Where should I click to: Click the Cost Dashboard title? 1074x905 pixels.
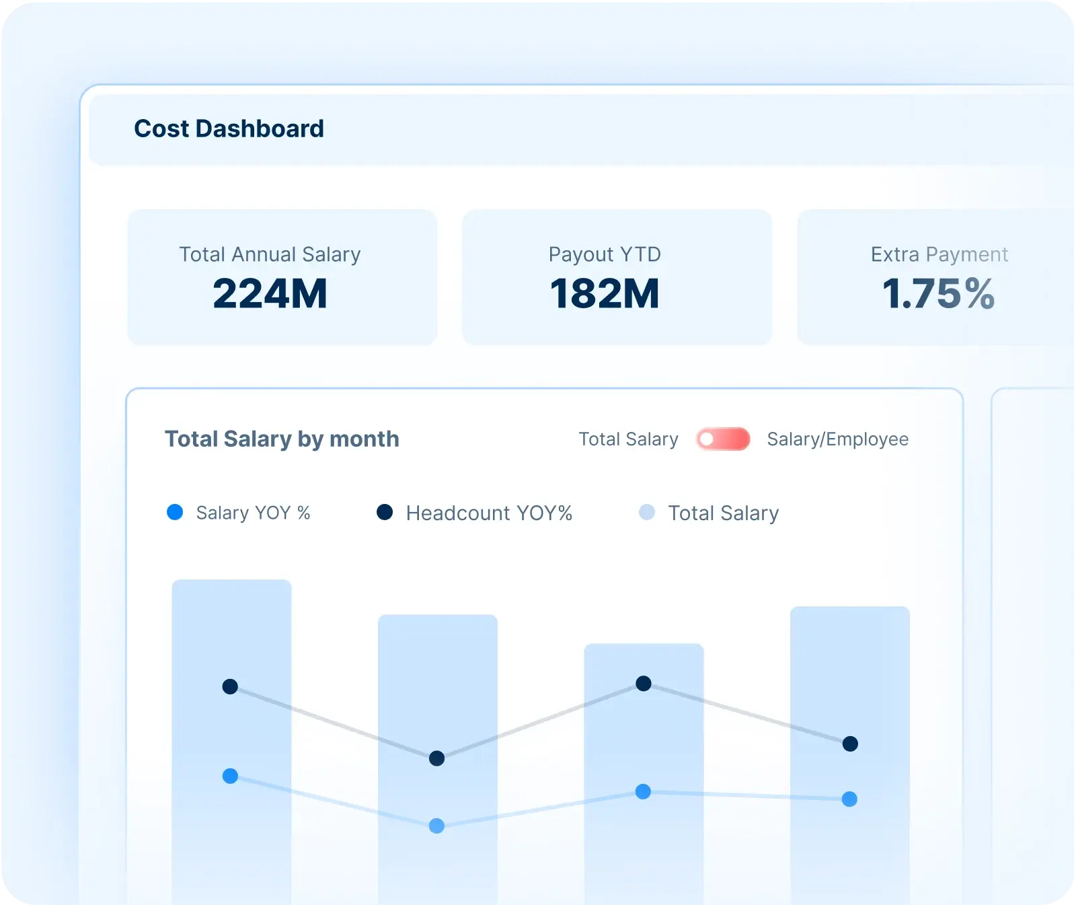(229, 129)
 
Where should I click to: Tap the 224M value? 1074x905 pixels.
(270, 294)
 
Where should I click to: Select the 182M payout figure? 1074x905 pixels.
(605, 294)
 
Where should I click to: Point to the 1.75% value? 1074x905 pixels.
(938, 294)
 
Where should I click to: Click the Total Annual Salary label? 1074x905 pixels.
(270, 254)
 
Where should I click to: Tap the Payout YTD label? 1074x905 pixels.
(605, 254)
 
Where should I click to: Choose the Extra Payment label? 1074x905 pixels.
(939, 254)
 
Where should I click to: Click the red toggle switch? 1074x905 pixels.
(723, 439)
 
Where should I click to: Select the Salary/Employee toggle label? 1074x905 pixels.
(837, 439)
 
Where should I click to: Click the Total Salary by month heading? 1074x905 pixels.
(282, 439)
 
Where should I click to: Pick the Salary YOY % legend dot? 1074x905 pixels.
(175, 513)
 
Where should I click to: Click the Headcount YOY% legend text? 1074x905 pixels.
(489, 513)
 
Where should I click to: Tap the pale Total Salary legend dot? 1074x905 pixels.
(647, 513)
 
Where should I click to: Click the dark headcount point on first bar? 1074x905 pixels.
(230, 687)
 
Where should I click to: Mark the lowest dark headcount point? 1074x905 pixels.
(436, 758)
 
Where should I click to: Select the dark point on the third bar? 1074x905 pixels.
(644, 684)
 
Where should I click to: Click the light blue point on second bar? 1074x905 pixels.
(436, 826)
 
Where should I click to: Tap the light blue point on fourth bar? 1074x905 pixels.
(849, 799)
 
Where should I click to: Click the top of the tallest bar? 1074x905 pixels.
(231, 582)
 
